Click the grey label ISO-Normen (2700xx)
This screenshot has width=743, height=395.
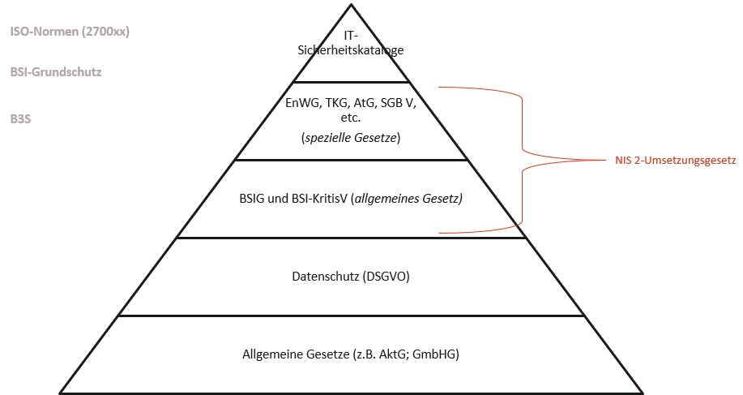click(x=70, y=32)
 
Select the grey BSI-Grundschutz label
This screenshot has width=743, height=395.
click(x=56, y=72)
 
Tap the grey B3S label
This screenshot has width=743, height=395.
click(x=20, y=118)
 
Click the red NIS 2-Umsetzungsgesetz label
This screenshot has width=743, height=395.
click(x=675, y=161)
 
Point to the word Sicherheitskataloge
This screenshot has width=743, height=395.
click(x=351, y=49)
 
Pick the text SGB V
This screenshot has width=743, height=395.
click(x=398, y=103)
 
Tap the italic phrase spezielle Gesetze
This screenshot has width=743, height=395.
click(x=351, y=138)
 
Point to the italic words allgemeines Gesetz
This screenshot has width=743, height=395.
click(x=408, y=199)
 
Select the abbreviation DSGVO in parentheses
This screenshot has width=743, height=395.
click(x=386, y=277)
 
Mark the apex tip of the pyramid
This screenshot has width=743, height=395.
click(x=351, y=5)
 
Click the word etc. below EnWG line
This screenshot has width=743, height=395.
click(x=351, y=118)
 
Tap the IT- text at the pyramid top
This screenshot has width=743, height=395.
click(x=351, y=36)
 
